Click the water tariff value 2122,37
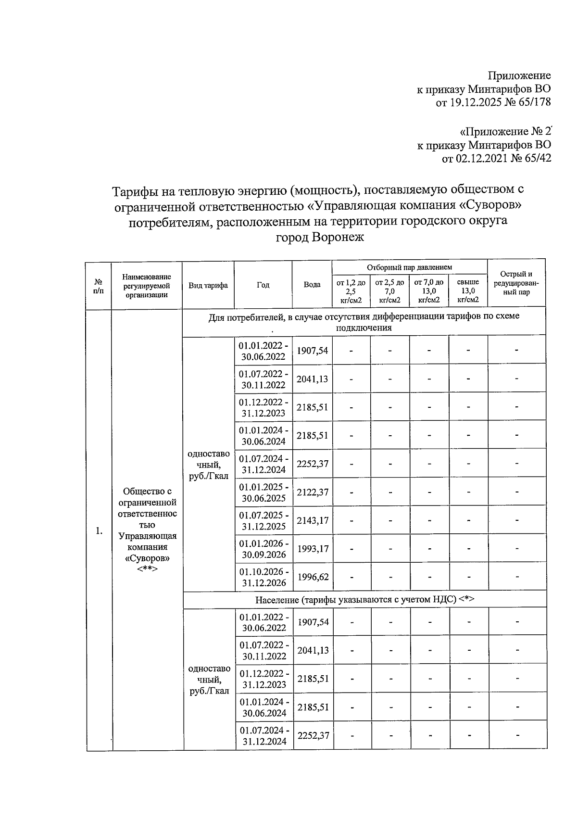[313, 492]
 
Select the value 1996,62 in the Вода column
[313, 577]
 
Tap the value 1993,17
[313, 548]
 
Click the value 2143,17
[313, 520]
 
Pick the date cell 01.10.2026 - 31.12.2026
[264, 577]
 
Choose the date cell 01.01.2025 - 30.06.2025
[264, 492]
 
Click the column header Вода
[312, 285]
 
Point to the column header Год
[263, 285]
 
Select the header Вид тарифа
[208, 285]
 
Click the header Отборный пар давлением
[409, 267]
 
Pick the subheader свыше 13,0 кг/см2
[468, 291]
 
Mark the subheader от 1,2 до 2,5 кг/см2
[351, 291]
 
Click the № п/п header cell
[98, 285]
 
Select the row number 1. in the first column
[99, 531]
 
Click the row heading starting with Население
[364, 599]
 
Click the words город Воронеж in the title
[319, 237]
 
